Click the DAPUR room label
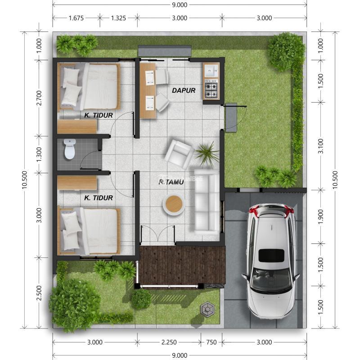[x=184, y=90]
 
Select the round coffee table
[x=174, y=205]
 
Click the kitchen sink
[x=211, y=70]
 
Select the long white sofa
[x=207, y=200]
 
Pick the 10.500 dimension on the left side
[x=25, y=180]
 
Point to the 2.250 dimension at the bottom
[x=169, y=342]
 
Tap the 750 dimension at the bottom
[x=211, y=342]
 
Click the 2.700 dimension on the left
[x=39, y=98]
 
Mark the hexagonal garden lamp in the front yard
[x=207, y=309]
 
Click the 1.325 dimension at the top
[x=118, y=18]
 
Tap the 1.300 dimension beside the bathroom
[x=39, y=154]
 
